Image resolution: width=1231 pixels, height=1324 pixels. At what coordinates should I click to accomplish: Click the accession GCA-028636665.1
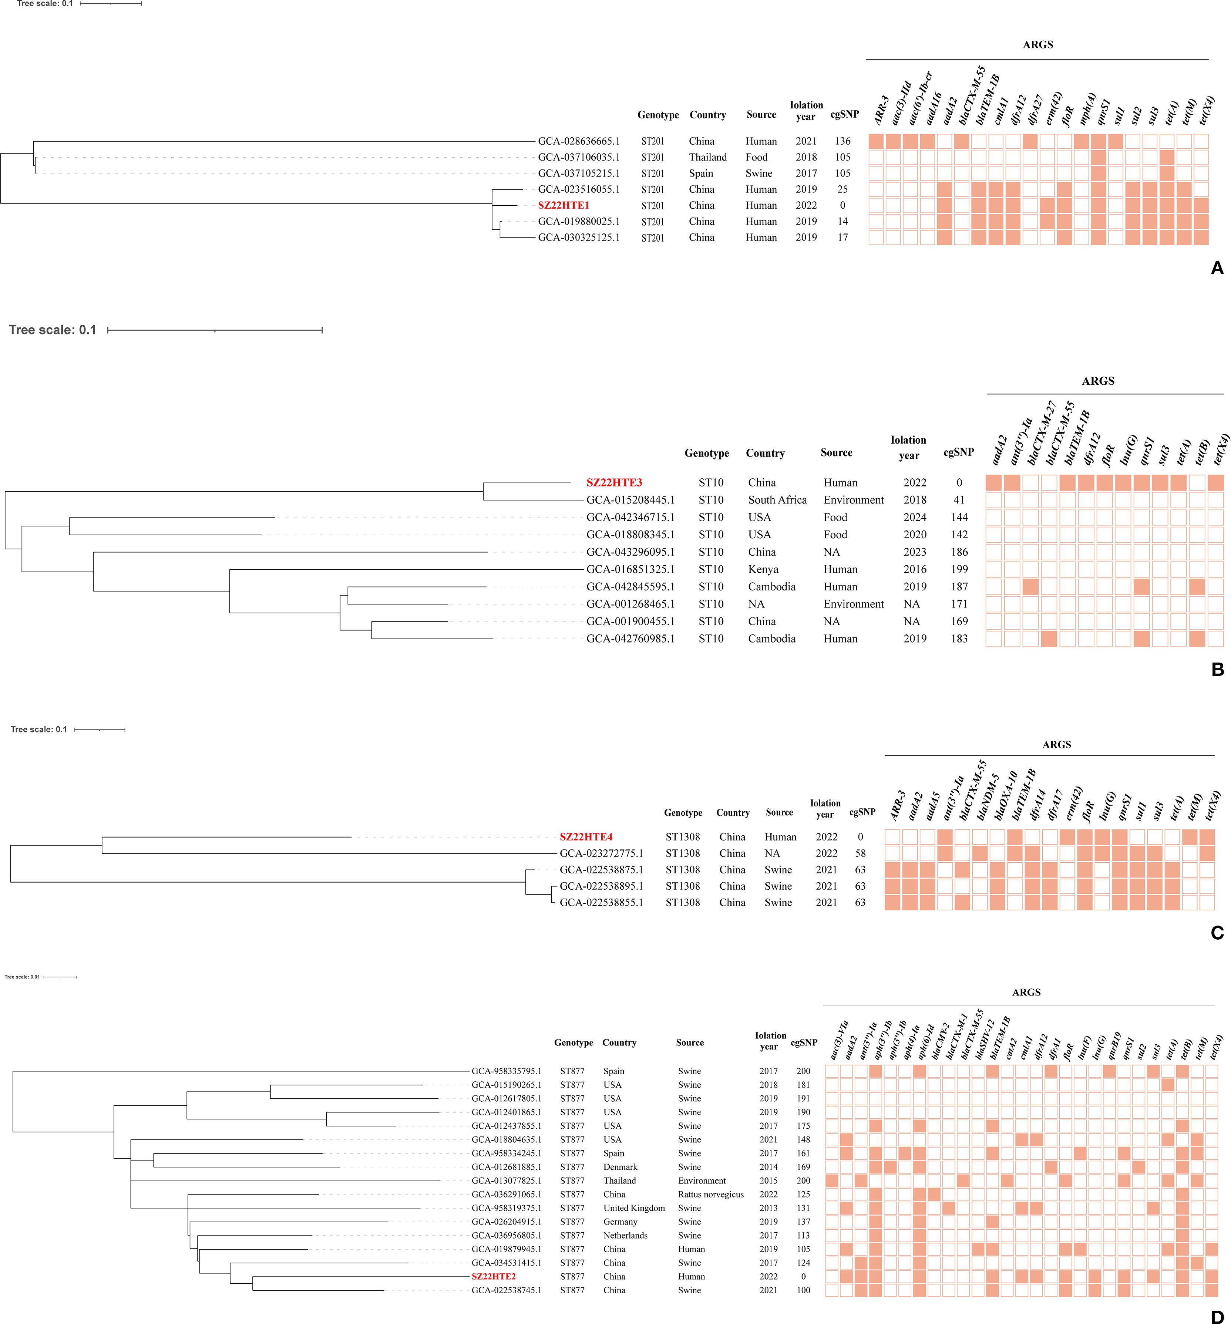[579, 141]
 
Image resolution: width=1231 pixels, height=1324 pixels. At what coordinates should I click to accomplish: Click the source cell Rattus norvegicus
[711, 1194]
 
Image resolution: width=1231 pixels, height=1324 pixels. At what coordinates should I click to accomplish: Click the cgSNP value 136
[842, 141]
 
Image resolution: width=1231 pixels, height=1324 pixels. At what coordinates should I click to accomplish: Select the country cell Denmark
[620, 1167]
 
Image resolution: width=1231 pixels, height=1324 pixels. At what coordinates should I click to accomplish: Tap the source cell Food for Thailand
[756, 157]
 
